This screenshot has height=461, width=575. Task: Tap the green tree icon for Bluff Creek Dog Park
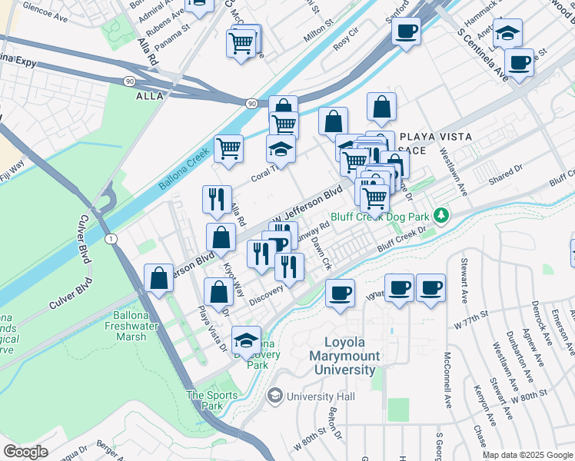[440, 214]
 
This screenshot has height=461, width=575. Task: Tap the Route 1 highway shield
[112, 240]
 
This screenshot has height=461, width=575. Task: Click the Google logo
[25, 452]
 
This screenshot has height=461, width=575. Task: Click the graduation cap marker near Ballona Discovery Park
[246, 341]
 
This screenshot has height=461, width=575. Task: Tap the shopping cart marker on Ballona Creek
[229, 149]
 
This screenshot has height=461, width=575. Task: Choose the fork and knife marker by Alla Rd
[218, 200]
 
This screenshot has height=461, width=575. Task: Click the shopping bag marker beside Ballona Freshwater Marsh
[159, 280]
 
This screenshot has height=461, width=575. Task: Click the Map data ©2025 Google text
[527, 455]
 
